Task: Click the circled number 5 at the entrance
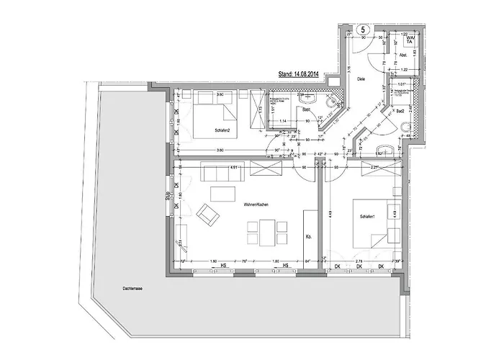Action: point(364,29)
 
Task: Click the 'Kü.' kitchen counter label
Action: point(308,235)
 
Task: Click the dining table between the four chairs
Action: point(261,232)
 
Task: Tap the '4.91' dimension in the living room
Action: point(233,167)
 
